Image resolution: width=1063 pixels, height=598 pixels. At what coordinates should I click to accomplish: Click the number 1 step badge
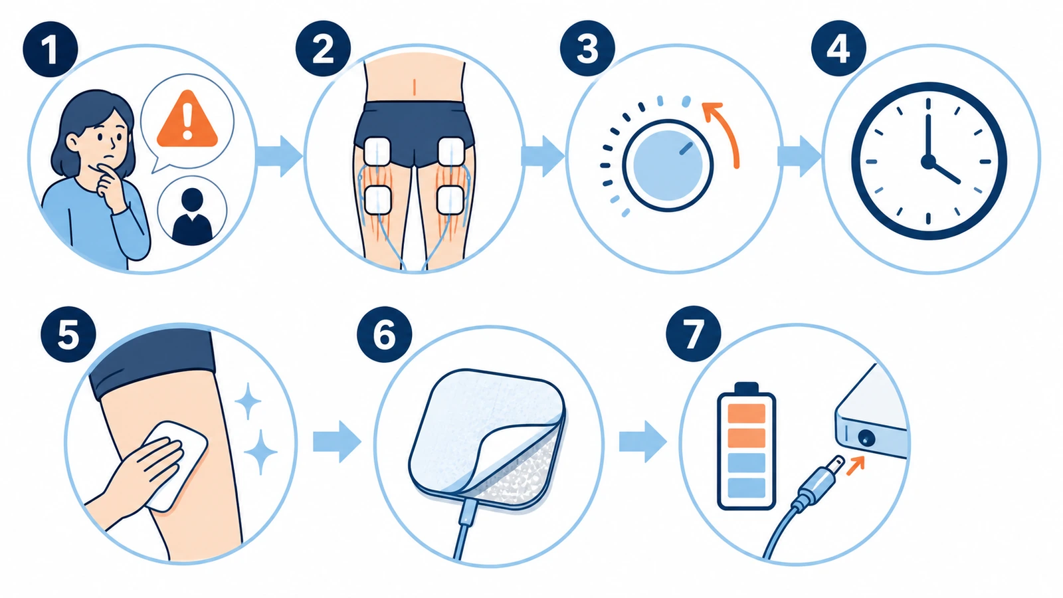click(50, 49)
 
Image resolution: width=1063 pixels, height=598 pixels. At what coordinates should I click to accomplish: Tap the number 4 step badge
click(838, 49)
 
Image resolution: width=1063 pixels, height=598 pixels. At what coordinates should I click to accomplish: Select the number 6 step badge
click(385, 335)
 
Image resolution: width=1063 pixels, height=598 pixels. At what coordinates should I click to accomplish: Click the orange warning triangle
click(187, 120)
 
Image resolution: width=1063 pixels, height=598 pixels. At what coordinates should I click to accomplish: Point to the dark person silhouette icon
click(192, 217)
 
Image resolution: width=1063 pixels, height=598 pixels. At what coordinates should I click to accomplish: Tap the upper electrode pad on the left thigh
click(377, 151)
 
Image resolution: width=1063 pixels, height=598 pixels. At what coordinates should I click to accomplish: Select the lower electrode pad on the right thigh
click(450, 200)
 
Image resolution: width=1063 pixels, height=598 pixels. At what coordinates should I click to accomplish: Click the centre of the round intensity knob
click(668, 165)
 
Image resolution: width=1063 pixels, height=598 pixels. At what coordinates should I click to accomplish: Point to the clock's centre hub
click(927, 161)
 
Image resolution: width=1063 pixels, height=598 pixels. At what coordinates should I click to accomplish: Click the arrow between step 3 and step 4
click(799, 156)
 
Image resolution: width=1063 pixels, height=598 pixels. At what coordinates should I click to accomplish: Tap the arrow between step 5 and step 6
click(337, 442)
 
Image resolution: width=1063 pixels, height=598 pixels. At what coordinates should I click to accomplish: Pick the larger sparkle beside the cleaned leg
click(260, 451)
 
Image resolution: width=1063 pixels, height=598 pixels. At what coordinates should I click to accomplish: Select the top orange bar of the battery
click(747, 413)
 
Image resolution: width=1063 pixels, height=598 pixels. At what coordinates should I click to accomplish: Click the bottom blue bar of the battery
click(747, 488)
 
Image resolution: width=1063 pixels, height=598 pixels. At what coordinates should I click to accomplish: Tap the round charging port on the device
click(866, 438)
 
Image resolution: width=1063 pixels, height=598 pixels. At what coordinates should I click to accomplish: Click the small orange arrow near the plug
click(855, 465)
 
